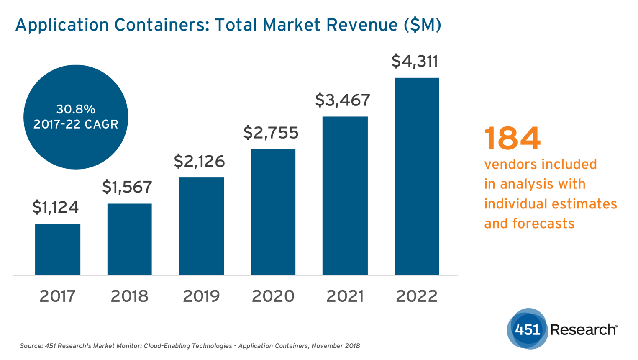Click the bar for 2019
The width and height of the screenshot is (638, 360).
pyautogui.click(x=201, y=226)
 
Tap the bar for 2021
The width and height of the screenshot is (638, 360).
pyautogui.click(x=345, y=195)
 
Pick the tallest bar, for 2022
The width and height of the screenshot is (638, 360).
pyautogui.click(x=417, y=176)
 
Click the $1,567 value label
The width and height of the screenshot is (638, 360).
pyautogui.click(x=127, y=187)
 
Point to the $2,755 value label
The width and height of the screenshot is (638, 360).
pyautogui.click(x=271, y=133)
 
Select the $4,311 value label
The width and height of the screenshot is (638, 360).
pyautogui.click(x=415, y=61)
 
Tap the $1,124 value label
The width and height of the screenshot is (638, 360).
pyautogui.click(x=55, y=207)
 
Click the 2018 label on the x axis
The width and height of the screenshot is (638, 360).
pyautogui.click(x=129, y=296)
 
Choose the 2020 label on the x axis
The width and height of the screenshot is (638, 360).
pyautogui.click(x=273, y=296)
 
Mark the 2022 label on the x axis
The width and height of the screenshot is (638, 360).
pyautogui.click(x=417, y=296)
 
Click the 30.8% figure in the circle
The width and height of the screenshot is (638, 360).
pyautogui.click(x=76, y=109)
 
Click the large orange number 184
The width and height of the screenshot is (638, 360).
pyautogui.click(x=512, y=139)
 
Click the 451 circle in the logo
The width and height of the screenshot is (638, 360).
pyautogui.click(x=527, y=329)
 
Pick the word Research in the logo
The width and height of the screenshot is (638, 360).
pyautogui.click(x=583, y=329)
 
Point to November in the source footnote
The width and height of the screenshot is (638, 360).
pyautogui.click(x=328, y=346)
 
